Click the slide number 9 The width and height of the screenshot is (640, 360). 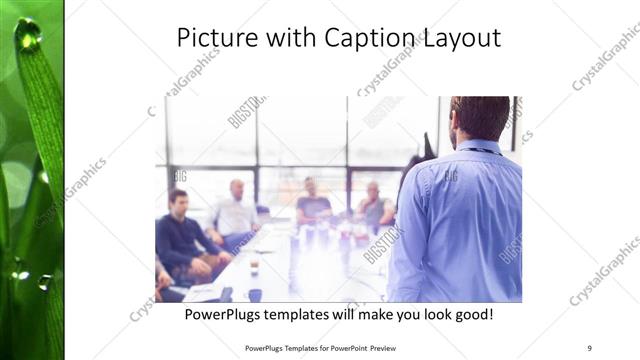589,347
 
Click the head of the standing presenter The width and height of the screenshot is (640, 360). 478,118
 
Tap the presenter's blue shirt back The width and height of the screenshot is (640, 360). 460,220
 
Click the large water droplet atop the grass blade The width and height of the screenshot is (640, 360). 27,35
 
